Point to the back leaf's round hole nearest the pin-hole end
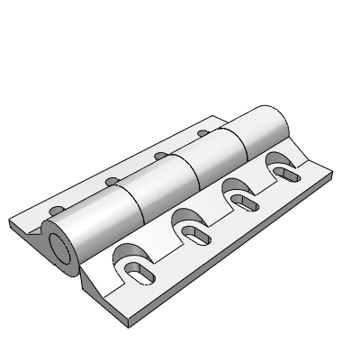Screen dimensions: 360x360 [56, 209]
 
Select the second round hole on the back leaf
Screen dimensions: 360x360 [112, 182]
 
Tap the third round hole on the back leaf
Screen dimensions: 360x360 [159, 155]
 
